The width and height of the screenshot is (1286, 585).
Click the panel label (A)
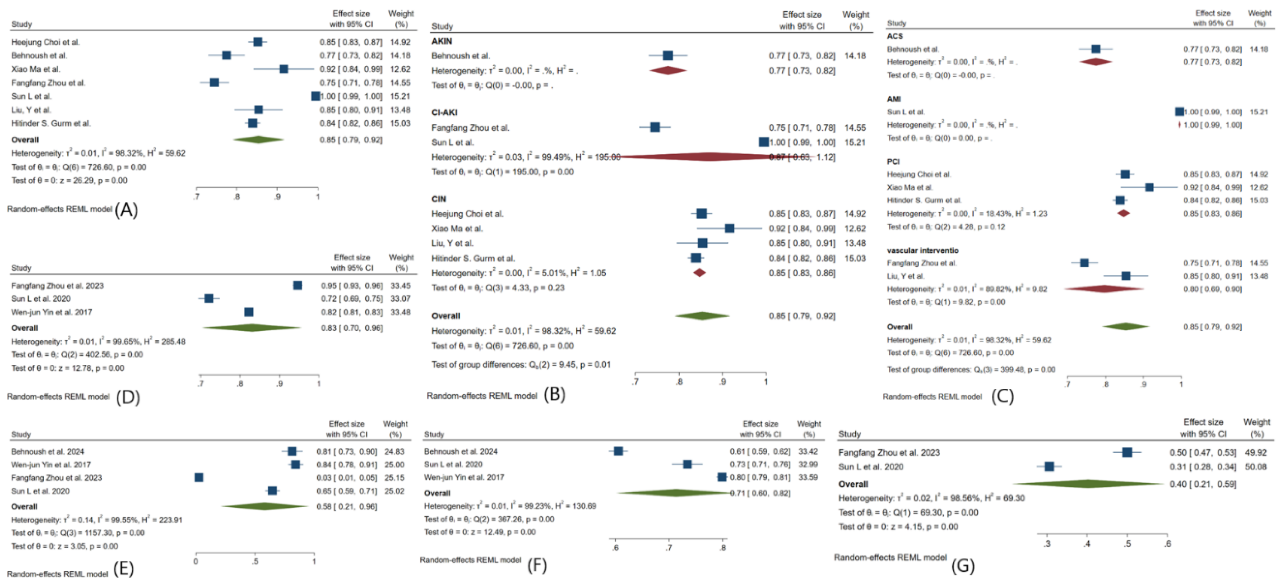126,210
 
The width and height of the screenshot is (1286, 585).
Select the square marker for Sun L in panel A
316,96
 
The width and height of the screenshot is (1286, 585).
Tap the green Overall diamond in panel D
252,328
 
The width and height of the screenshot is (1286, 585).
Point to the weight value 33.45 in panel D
400,285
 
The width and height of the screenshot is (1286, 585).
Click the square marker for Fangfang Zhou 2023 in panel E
199,478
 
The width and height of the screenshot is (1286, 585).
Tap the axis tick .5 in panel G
1127,543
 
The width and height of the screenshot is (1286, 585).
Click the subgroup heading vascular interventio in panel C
922,250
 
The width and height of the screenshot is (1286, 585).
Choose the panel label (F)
537,565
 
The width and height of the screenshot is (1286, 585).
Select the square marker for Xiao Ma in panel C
1149,187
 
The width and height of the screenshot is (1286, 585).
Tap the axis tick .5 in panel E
255,562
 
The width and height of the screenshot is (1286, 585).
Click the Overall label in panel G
853,484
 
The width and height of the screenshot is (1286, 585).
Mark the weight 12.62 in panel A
400,69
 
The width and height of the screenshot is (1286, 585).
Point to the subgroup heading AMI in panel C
894,99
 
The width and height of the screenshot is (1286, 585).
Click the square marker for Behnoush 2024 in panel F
618,451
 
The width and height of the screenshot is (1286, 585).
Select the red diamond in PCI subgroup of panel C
1123,213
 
